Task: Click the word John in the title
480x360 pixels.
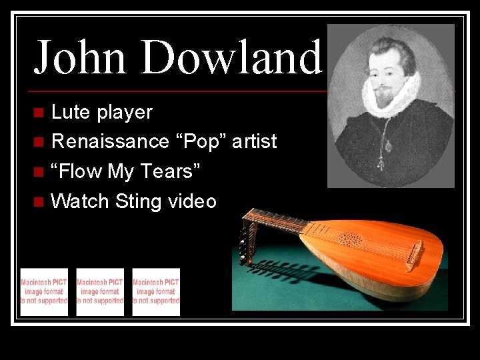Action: pos(79,57)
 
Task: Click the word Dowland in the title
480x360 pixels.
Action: pos(231,57)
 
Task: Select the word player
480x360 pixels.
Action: pos(125,113)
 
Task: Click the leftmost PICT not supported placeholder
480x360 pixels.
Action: pos(44,292)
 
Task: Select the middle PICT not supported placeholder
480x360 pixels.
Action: pos(100,292)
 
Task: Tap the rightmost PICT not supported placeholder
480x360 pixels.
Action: pos(156,292)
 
